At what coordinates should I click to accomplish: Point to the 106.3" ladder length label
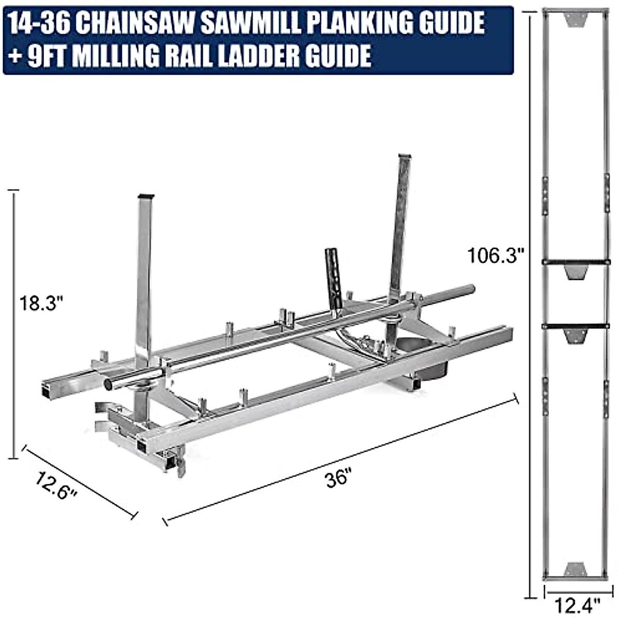[496, 256]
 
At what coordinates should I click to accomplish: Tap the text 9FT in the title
[42, 55]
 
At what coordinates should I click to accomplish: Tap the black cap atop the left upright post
[146, 196]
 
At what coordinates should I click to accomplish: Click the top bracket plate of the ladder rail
[574, 20]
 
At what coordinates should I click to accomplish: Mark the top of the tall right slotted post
[404, 157]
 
